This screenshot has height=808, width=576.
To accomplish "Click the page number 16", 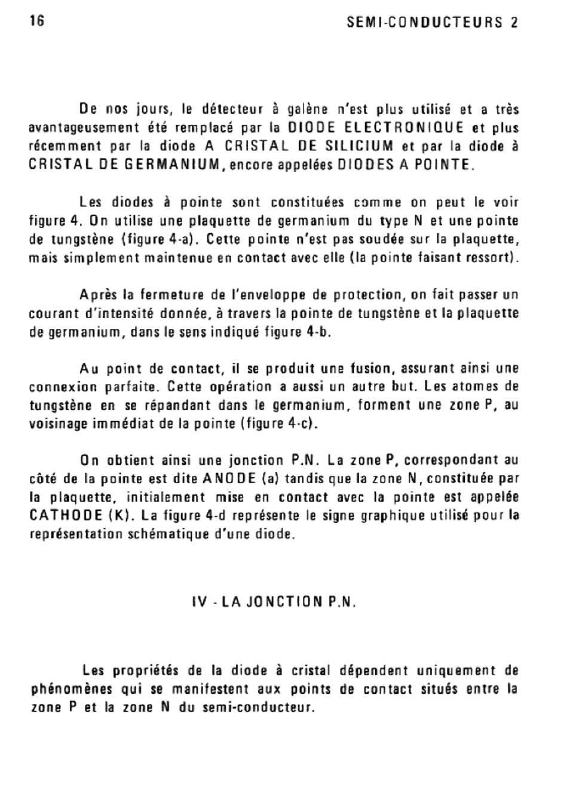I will [36, 21].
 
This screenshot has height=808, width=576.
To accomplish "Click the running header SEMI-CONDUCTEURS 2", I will [432, 23].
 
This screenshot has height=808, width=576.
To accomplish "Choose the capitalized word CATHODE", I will [65, 516].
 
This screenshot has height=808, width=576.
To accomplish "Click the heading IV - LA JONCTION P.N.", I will [274, 602].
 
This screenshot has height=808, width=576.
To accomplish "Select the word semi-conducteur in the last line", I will [258, 708].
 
